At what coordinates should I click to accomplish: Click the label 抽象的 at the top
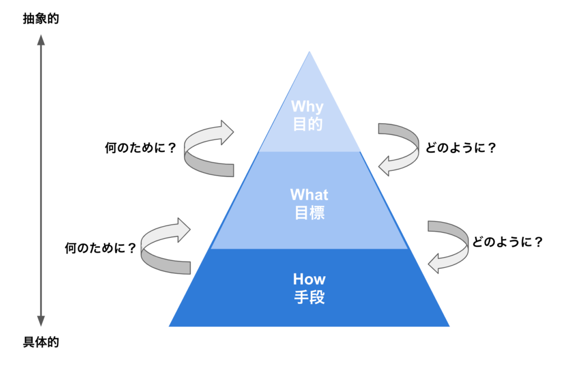(40, 19)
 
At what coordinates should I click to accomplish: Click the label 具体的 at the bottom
(40, 342)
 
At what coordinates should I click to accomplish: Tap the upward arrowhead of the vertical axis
(40, 40)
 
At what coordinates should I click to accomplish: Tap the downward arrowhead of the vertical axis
(40, 321)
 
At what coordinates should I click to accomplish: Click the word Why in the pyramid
(308, 107)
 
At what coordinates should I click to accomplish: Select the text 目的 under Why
(308, 124)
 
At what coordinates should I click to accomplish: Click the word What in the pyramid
(309, 195)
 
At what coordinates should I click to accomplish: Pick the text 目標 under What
(310, 213)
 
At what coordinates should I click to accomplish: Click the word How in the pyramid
(309, 279)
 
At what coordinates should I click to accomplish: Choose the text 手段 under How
(310, 297)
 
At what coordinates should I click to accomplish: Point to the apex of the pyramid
(309, 51)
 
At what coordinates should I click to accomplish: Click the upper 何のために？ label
(141, 148)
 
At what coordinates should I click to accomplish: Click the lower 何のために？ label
(100, 248)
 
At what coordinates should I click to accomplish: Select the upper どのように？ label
(461, 148)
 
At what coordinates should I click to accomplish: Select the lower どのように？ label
(507, 242)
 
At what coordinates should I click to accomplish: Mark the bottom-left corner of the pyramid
(169, 326)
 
